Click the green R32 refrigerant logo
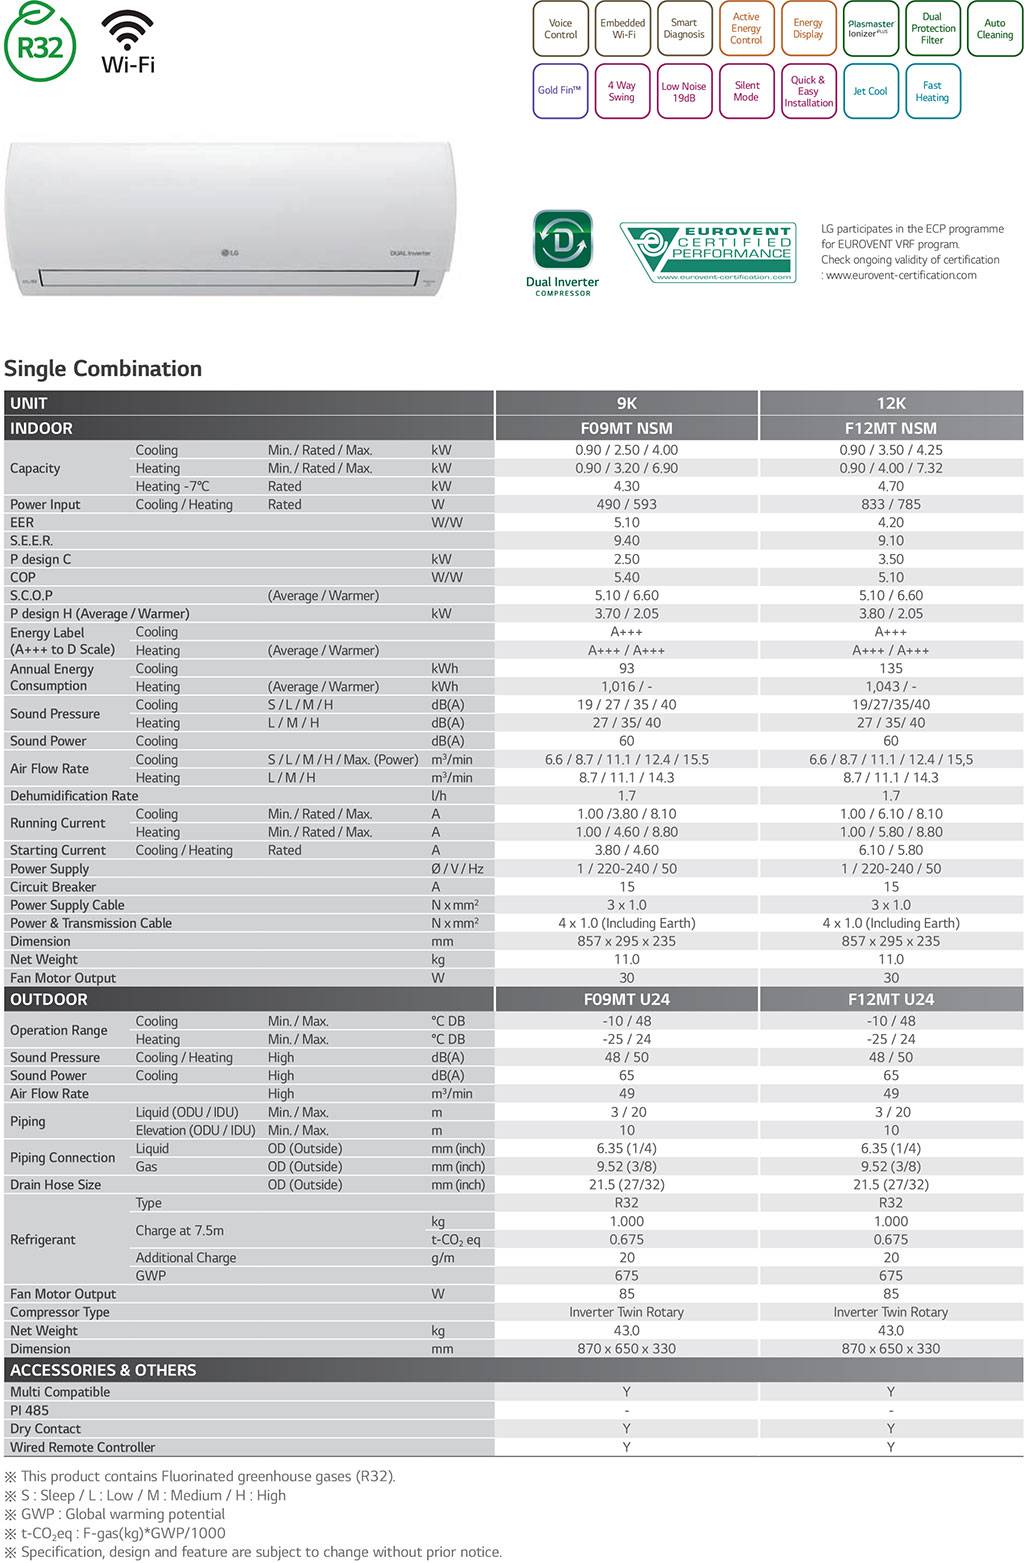pyautogui.click(x=39, y=44)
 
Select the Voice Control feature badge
pyautogui.click(x=560, y=29)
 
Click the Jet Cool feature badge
pyautogui.click(x=870, y=91)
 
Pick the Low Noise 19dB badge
pyautogui.click(x=684, y=92)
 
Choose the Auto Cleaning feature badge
pyautogui.click(x=994, y=29)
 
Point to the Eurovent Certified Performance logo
pyautogui.click(x=708, y=252)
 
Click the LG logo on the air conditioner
pyautogui.click(x=230, y=251)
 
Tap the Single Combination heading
pyautogui.click(x=103, y=368)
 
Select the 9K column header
pyautogui.click(x=627, y=403)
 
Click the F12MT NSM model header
pyautogui.click(x=891, y=428)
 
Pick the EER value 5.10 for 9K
pyautogui.click(x=627, y=522)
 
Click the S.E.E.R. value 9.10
pyautogui.click(x=891, y=540)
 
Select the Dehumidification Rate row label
pyautogui.click(x=74, y=796)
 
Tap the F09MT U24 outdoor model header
pyautogui.click(x=627, y=999)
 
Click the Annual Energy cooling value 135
pyautogui.click(x=891, y=668)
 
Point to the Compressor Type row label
pyautogui.click(x=60, y=1312)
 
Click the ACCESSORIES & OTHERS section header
pyautogui.click(x=103, y=1370)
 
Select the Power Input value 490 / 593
pyautogui.click(x=627, y=504)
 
